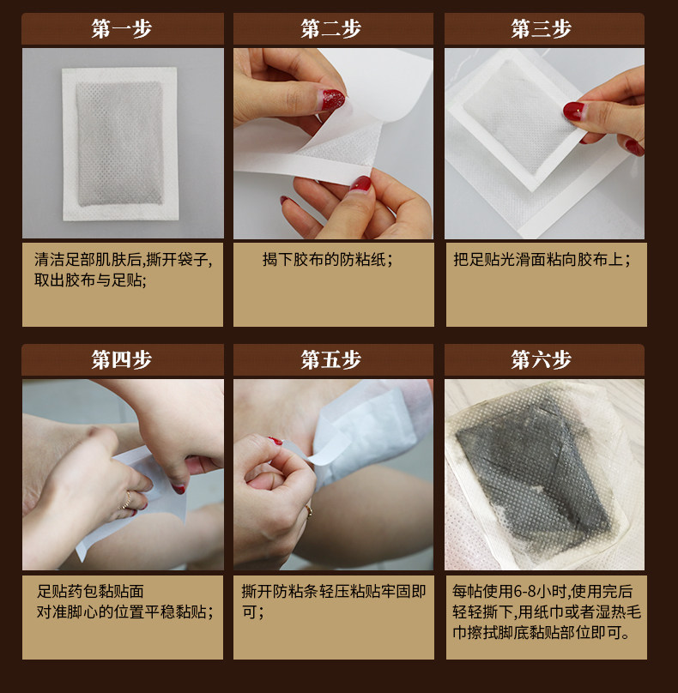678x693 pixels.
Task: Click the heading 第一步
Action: (122, 29)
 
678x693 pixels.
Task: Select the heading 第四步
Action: (122, 359)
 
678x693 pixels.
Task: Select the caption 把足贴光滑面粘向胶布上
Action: (542, 260)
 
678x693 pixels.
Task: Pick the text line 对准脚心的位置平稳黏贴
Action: (125, 612)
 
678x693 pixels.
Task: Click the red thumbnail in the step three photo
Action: (573, 111)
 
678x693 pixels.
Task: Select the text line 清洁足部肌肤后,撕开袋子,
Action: (123, 260)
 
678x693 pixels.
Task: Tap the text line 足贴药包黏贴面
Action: (90, 591)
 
